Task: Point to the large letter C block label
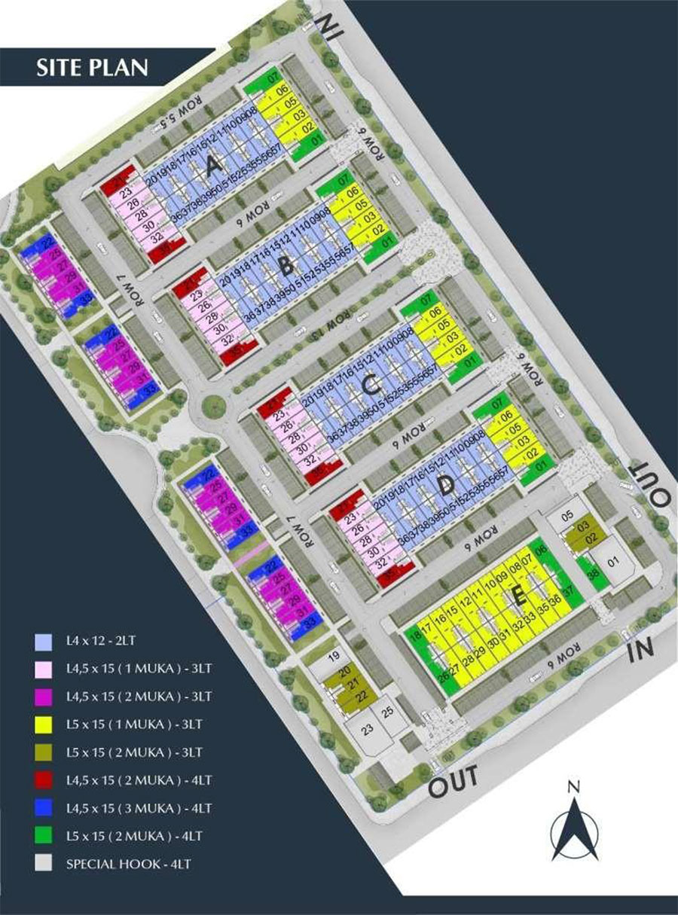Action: point(370,385)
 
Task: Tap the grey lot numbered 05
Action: point(570,516)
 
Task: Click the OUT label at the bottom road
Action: point(454,779)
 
